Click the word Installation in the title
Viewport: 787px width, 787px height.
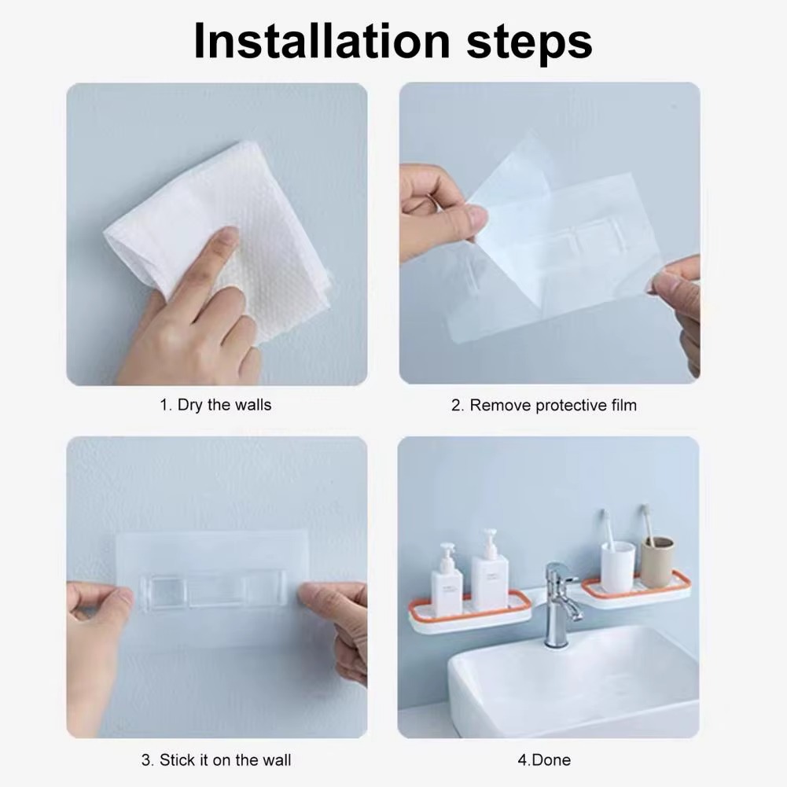(322, 41)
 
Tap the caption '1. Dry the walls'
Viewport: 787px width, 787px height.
(215, 405)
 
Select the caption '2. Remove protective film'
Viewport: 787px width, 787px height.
(543, 405)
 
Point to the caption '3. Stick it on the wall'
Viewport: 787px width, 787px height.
(216, 760)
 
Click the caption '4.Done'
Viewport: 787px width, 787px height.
(544, 760)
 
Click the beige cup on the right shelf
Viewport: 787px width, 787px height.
(656, 561)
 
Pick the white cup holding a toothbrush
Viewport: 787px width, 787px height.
(618, 567)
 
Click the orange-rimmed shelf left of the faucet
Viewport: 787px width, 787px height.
(469, 612)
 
